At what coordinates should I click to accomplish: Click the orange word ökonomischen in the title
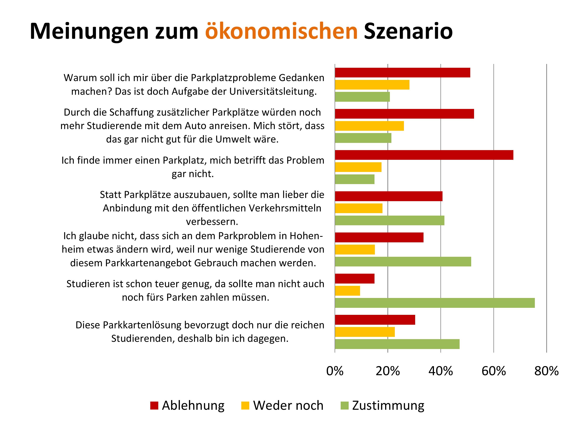pyautogui.click(x=281, y=31)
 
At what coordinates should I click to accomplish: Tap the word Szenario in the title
pyautogui.click(x=408, y=31)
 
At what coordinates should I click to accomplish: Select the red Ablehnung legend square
pyautogui.click(x=154, y=405)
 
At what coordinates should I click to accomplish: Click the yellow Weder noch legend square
pyautogui.click(x=245, y=405)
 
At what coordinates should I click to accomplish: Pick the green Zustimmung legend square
pyautogui.click(x=344, y=405)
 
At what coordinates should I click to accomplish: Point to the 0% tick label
pyautogui.click(x=335, y=371)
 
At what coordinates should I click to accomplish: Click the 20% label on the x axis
pyautogui.click(x=388, y=371)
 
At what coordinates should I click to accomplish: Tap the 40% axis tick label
pyautogui.click(x=441, y=371)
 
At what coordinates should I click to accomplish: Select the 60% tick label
pyautogui.click(x=493, y=371)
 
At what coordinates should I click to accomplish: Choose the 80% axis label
pyautogui.click(x=546, y=371)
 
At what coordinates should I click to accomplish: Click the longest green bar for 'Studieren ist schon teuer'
pyautogui.click(x=435, y=303)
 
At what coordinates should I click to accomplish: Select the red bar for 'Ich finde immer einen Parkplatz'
pyautogui.click(x=424, y=155)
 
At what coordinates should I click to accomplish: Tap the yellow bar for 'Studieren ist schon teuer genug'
pyautogui.click(x=347, y=291)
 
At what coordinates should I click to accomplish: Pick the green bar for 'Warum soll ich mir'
pyautogui.click(x=362, y=97)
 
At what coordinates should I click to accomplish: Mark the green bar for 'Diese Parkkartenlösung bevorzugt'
pyautogui.click(x=397, y=344)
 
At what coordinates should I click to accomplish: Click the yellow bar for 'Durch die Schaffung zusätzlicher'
pyautogui.click(x=369, y=126)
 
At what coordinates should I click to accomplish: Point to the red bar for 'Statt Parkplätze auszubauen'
pyautogui.click(x=389, y=196)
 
